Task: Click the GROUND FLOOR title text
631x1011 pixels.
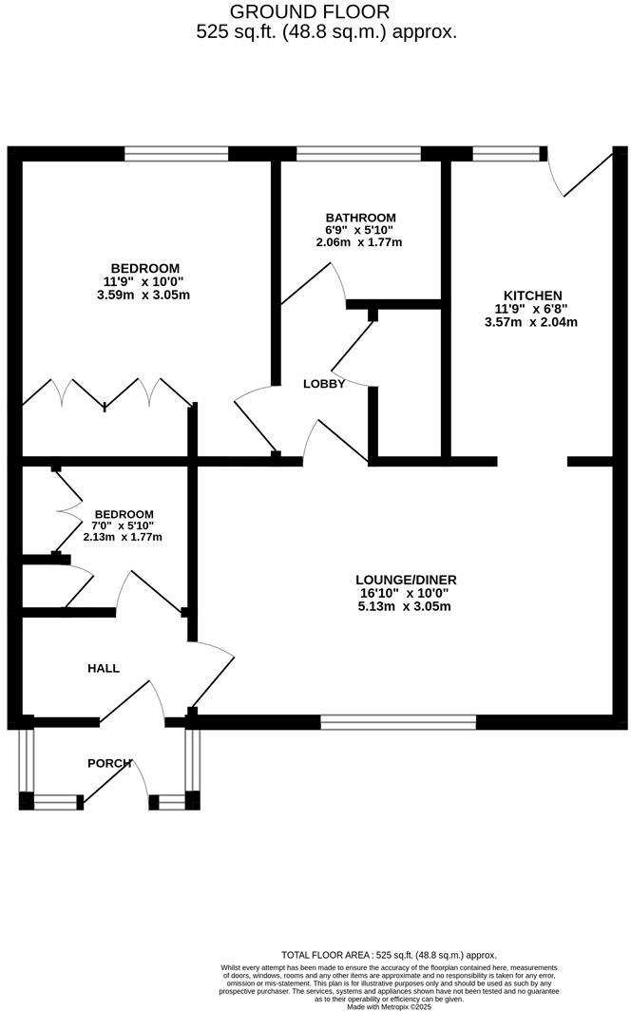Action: click(310, 12)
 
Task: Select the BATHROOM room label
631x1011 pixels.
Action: click(359, 218)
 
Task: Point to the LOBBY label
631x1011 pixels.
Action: click(323, 383)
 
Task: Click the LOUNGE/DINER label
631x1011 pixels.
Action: click(399, 579)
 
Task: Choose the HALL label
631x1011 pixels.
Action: click(104, 668)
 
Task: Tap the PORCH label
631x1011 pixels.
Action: click(109, 763)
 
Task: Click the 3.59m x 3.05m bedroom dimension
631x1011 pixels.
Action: click(145, 295)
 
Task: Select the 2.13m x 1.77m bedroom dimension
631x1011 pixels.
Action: click(123, 537)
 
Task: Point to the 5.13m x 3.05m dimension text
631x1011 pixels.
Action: click(399, 606)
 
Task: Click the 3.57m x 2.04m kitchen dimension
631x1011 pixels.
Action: click(530, 322)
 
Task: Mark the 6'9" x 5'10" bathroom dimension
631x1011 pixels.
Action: click(359, 230)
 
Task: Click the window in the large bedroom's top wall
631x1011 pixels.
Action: click(176, 153)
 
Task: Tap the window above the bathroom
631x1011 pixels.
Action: click(358, 153)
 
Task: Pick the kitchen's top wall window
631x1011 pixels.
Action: click(506, 153)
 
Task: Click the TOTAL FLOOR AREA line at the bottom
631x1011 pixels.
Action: click(389, 955)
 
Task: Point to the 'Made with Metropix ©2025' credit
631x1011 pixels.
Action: click(389, 1006)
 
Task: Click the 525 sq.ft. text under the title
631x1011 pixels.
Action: click(326, 31)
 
